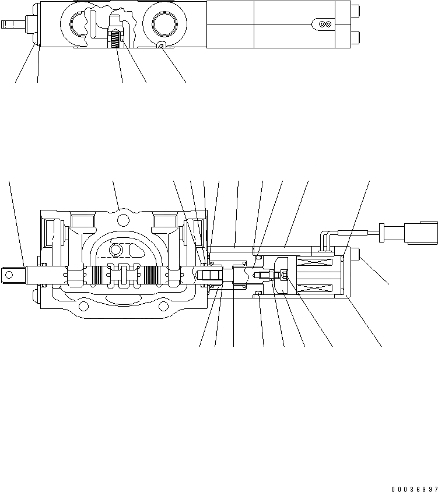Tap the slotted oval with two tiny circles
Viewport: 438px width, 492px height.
coord(322,23)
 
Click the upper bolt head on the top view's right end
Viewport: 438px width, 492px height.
coord(355,9)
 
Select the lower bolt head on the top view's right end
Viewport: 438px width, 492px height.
coord(355,38)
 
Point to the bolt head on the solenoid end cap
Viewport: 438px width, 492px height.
coord(356,255)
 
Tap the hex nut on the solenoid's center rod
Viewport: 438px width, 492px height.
coord(284,275)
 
